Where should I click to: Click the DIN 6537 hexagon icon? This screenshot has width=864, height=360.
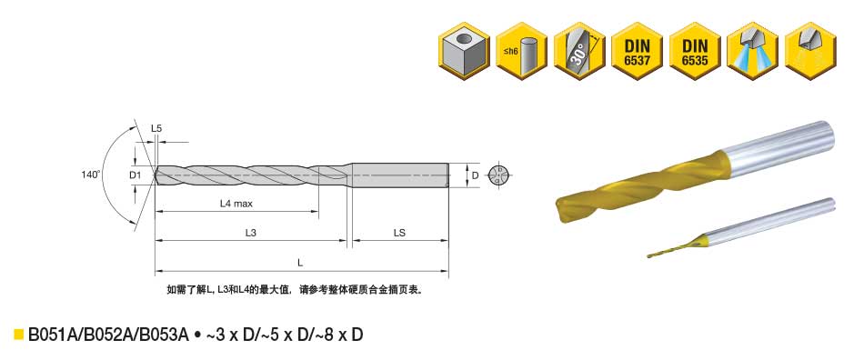(x=637, y=51)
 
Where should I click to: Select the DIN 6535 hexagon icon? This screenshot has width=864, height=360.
(x=695, y=51)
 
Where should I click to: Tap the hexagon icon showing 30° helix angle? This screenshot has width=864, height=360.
(x=579, y=51)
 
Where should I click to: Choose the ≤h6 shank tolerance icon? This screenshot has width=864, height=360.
(x=521, y=51)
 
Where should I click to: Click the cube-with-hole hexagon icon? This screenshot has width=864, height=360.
(x=464, y=51)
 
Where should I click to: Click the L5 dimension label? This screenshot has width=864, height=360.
(x=156, y=129)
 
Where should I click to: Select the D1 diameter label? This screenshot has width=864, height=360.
(x=136, y=175)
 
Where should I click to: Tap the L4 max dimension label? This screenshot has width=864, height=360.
(x=236, y=204)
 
